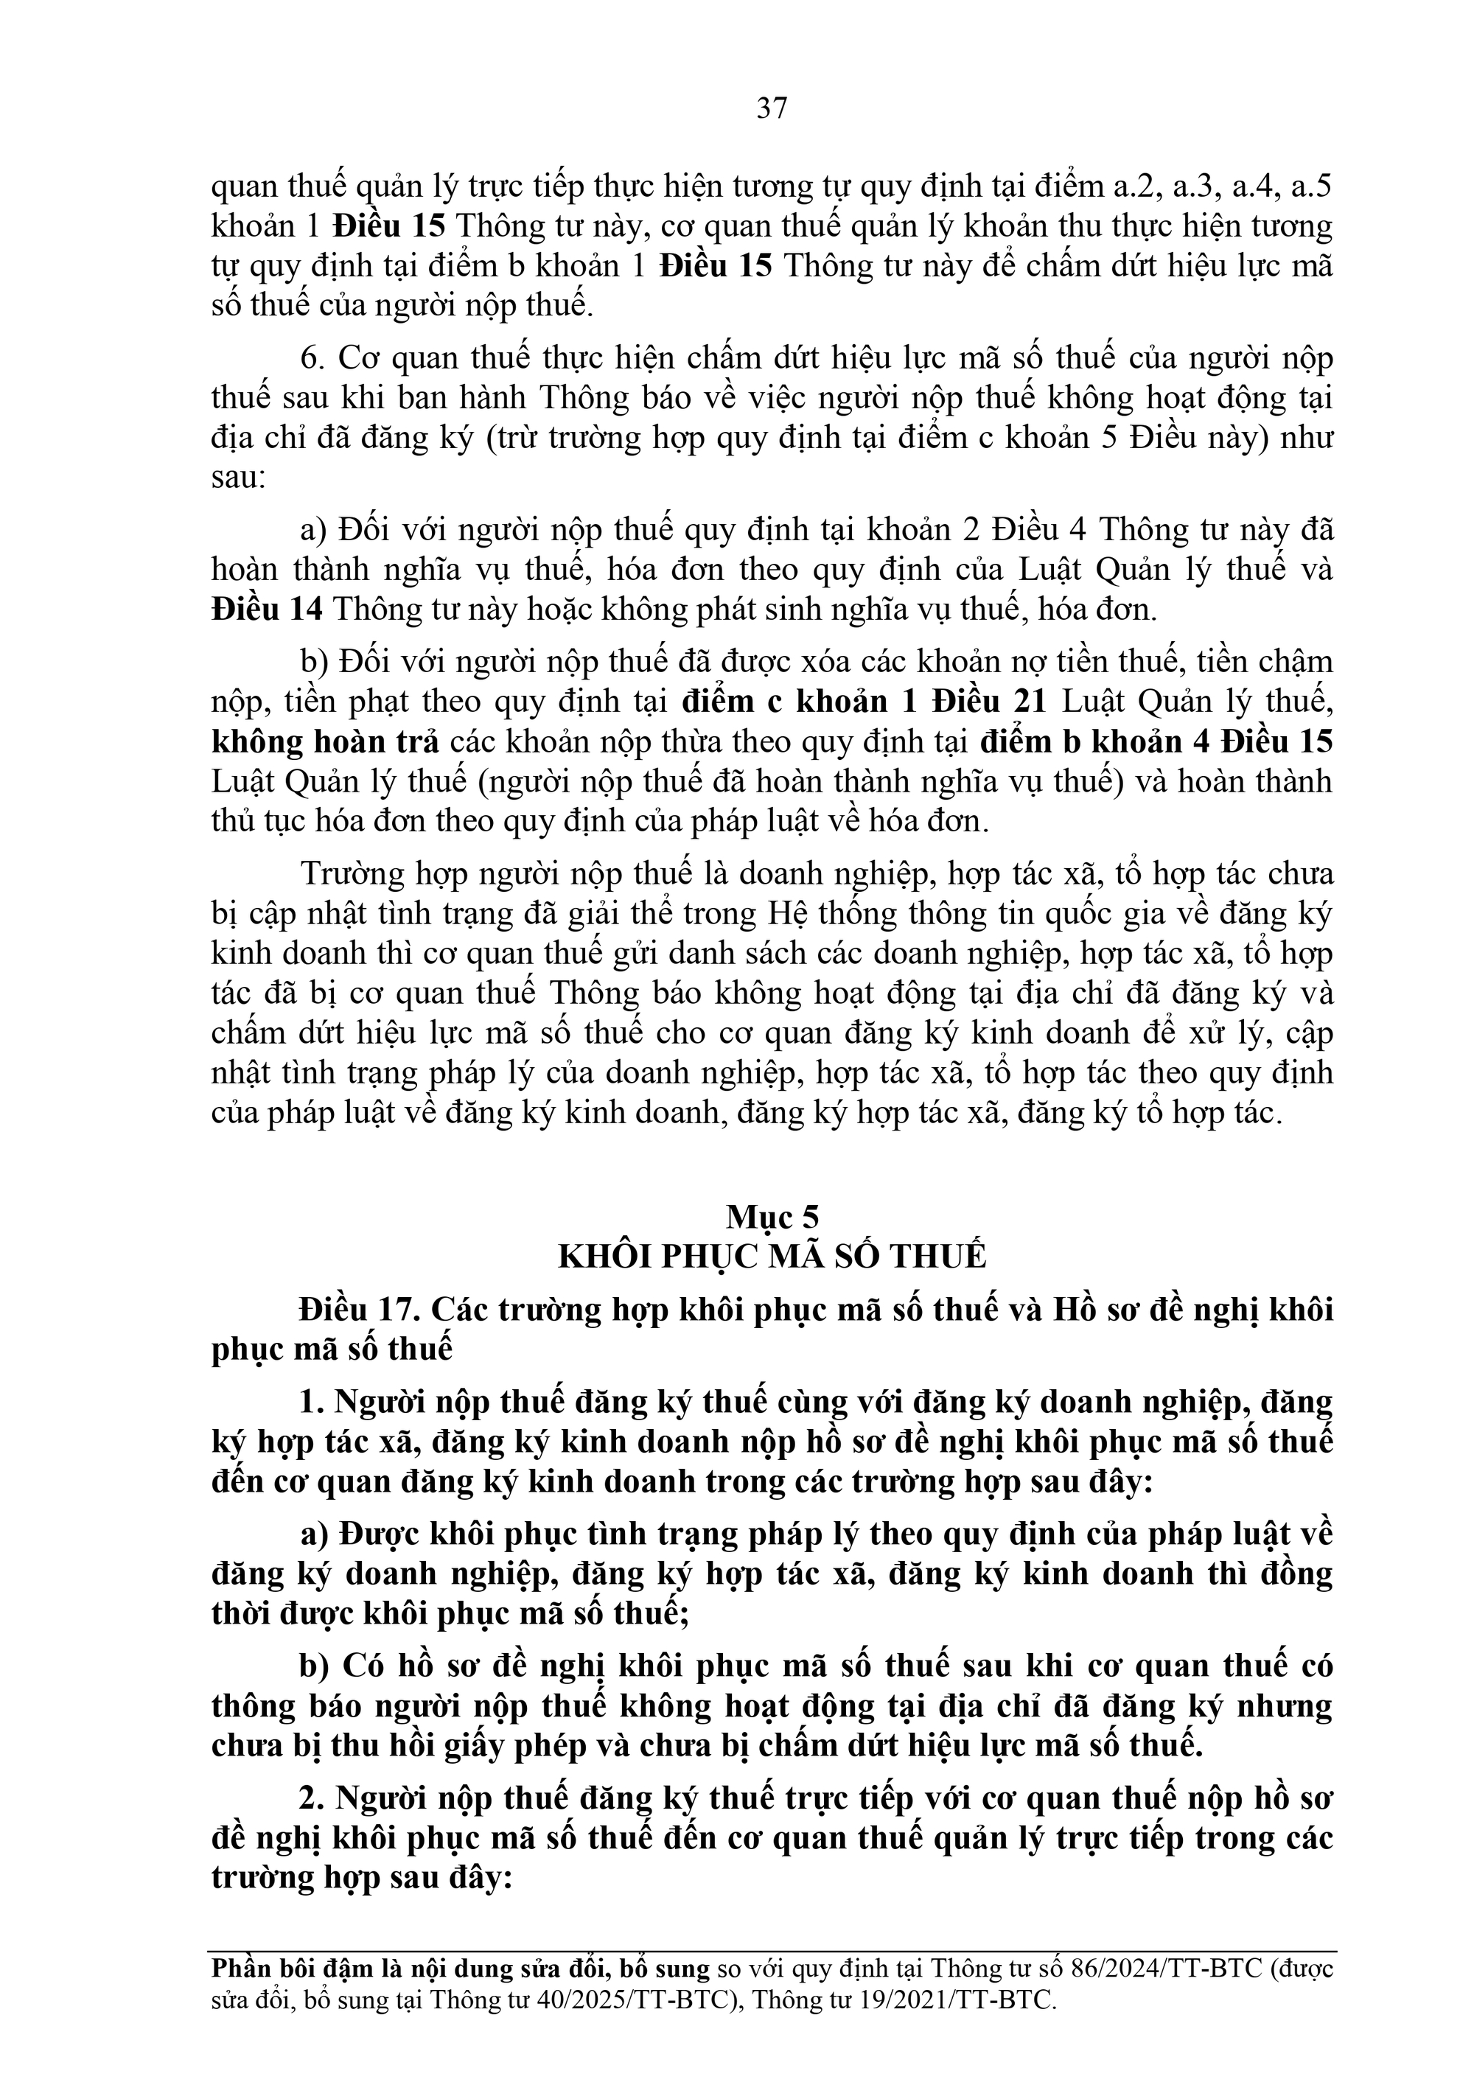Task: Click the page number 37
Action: pos(772,109)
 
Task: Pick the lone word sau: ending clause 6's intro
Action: pos(239,478)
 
